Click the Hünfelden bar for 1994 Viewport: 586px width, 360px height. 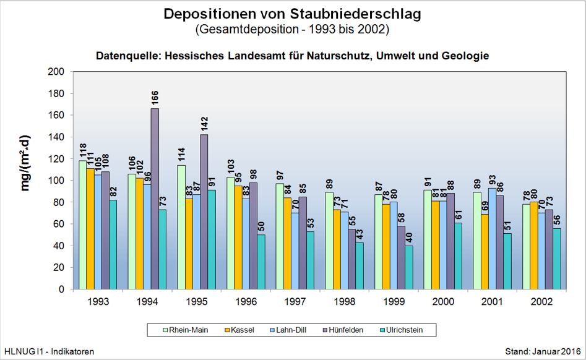click(155, 198)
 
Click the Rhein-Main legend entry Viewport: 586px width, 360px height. click(186, 330)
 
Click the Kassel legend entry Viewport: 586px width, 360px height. click(239, 330)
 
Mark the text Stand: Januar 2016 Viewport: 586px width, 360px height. click(543, 351)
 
